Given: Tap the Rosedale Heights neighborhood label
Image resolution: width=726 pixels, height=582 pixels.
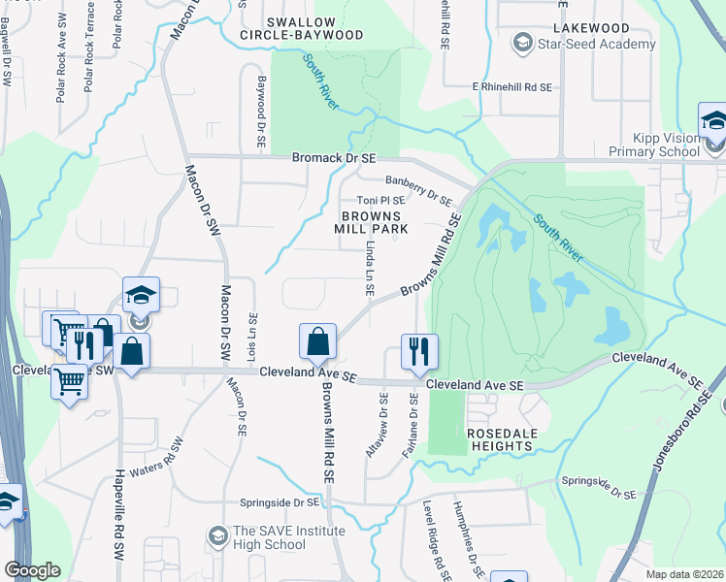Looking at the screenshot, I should click(x=500, y=438).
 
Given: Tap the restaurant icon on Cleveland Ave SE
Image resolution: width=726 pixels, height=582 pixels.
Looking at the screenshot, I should click(x=419, y=351).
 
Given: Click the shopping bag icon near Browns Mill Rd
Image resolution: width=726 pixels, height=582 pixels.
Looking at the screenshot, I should click(x=317, y=341).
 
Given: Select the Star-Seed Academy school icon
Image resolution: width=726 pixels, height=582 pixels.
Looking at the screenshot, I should click(x=524, y=44).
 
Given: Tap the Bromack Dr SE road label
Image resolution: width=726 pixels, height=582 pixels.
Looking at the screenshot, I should click(x=333, y=157).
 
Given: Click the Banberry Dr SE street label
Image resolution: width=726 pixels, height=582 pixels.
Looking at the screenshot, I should click(x=418, y=190).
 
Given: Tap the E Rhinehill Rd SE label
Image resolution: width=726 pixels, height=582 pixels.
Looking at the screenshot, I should click(x=511, y=87).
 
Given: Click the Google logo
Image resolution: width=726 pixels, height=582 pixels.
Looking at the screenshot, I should click(x=32, y=570).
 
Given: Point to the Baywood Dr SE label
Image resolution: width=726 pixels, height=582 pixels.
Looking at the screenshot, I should click(x=261, y=112).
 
